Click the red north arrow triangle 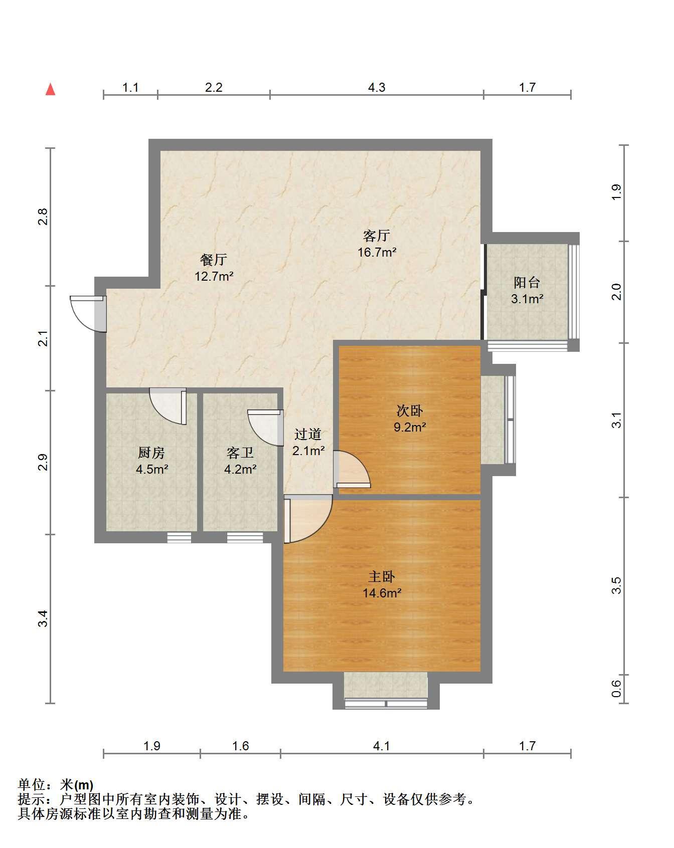pyautogui.click(x=50, y=89)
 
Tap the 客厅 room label pyautogui.click(x=377, y=236)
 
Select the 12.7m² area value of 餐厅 pyautogui.click(x=214, y=276)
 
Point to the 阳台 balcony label pyautogui.click(x=527, y=283)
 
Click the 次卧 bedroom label pyautogui.click(x=410, y=411)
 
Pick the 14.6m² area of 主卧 pyautogui.click(x=382, y=593)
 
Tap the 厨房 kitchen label pyautogui.click(x=151, y=453)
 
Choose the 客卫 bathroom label pyautogui.click(x=240, y=453)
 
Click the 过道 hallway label pyautogui.click(x=308, y=435)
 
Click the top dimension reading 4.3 pyautogui.click(x=377, y=88)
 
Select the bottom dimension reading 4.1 pyautogui.click(x=382, y=746)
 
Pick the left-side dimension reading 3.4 pyautogui.click(x=44, y=619)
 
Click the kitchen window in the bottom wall pyautogui.click(x=179, y=538)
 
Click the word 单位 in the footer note pyautogui.click(x=32, y=785)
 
